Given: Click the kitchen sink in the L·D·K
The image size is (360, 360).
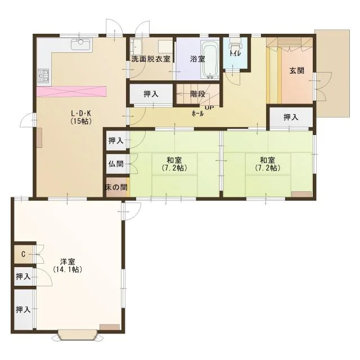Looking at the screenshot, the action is click(x=80, y=44).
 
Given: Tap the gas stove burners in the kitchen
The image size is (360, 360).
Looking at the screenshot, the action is click(x=44, y=76).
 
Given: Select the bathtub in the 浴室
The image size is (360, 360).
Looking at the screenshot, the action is click(x=210, y=59).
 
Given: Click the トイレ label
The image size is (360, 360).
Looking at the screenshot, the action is click(x=235, y=53).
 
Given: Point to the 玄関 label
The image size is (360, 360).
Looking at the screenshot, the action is click(x=297, y=71).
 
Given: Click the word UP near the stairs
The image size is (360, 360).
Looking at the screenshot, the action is click(x=209, y=107).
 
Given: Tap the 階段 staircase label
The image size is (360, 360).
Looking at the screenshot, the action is click(x=197, y=94).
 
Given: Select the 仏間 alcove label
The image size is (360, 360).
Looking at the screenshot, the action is click(x=116, y=164).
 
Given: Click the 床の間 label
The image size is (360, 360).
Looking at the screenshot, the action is click(x=116, y=187).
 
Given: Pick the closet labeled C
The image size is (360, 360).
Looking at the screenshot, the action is click(x=24, y=254).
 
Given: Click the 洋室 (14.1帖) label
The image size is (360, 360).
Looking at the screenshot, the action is click(x=67, y=265).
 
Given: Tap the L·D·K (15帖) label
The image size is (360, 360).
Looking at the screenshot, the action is click(x=81, y=117).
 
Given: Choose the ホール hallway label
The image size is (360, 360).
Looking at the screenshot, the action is click(x=197, y=114).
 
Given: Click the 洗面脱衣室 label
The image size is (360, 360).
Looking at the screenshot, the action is click(x=151, y=59).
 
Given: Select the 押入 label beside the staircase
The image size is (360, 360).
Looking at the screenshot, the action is click(x=151, y=94).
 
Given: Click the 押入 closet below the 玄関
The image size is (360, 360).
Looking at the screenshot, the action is click(x=291, y=118).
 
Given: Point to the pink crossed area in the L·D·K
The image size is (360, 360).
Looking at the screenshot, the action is click(x=71, y=92).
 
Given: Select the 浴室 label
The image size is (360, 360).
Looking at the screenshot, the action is click(x=197, y=59).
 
